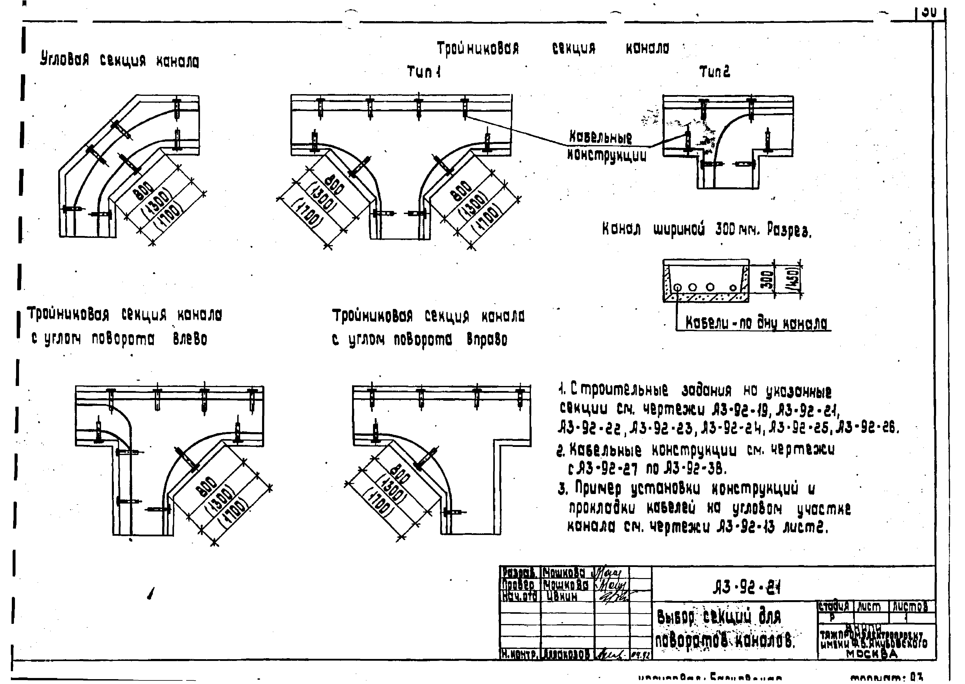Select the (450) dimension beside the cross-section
(x=793, y=280)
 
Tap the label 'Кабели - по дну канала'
(x=756, y=323)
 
